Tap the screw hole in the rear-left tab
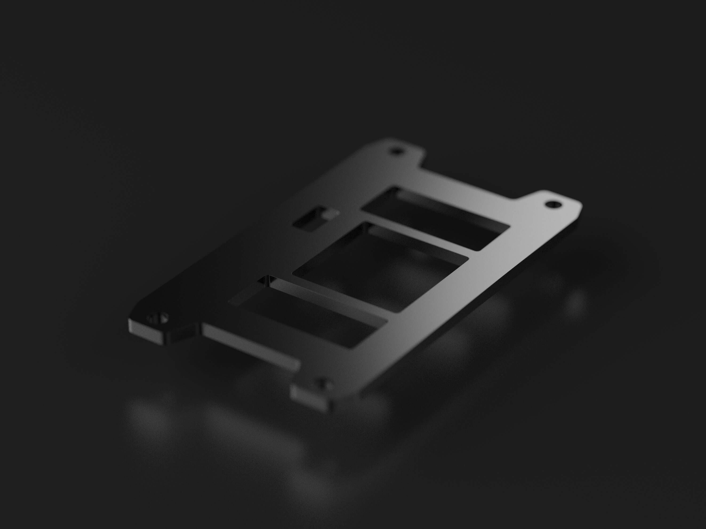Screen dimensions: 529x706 [x=397, y=150]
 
